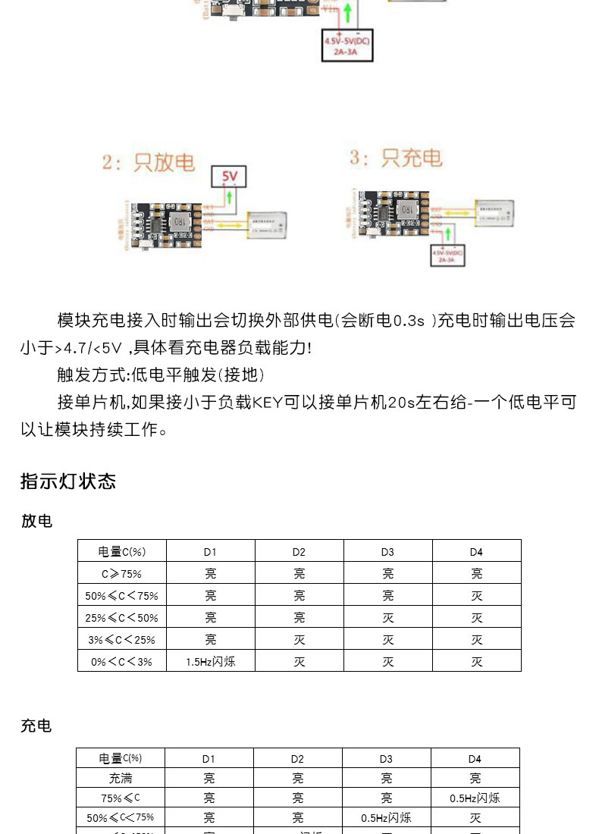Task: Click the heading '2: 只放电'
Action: point(149,162)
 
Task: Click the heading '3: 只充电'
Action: point(395,158)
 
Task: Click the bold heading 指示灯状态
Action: point(68,481)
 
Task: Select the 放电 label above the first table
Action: point(36,521)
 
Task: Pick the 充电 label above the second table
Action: point(36,726)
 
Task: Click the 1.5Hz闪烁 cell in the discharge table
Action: point(210,661)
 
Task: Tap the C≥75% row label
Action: point(121,573)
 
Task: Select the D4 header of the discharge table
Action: point(476,551)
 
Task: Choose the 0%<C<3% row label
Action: point(121,661)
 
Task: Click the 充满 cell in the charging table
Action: point(121,778)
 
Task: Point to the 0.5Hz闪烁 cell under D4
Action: point(475,798)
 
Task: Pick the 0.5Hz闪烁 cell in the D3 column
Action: point(386,817)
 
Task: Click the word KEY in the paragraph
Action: point(268,402)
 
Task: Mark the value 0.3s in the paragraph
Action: point(409,321)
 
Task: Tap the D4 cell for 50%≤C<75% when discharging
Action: point(476,595)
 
